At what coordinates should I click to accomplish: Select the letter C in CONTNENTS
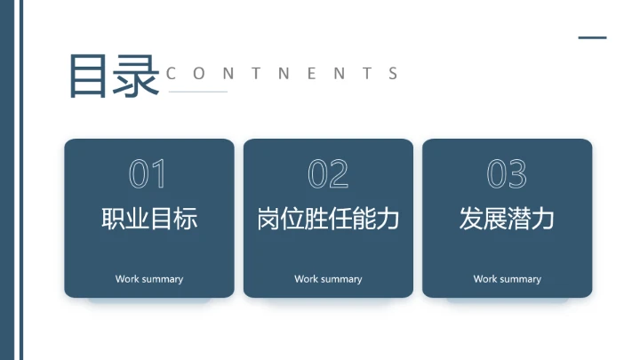click(172, 74)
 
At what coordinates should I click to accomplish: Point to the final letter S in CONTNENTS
click(394, 74)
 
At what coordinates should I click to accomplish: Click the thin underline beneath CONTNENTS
click(197, 92)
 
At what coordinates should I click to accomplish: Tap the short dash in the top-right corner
click(592, 38)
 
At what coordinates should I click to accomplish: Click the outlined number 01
click(148, 175)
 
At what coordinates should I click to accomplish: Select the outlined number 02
click(328, 175)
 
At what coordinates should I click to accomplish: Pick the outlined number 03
click(507, 175)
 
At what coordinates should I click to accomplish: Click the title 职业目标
click(149, 219)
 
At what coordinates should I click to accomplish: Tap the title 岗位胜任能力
click(328, 219)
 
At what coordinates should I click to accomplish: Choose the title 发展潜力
click(507, 219)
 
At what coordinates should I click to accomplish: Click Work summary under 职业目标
click(149, 279)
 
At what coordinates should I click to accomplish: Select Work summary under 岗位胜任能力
click(328, 279)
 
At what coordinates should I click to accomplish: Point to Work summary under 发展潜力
click(507, 279)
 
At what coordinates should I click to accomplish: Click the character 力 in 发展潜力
click(543, 219)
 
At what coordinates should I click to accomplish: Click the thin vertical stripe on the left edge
click(20, 180)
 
